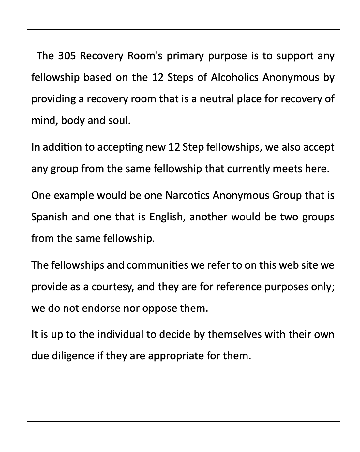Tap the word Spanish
49,217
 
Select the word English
167,217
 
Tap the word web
279,265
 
